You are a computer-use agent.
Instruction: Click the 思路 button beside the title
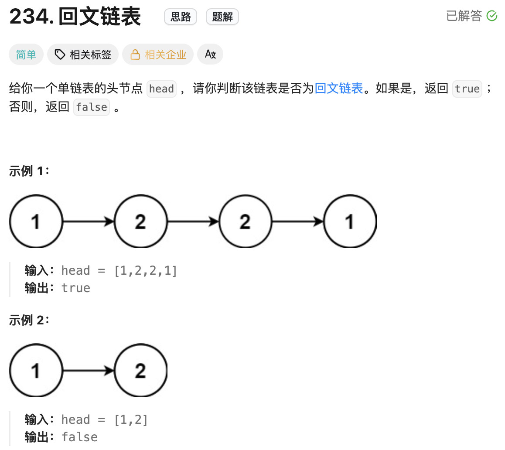(181, 17)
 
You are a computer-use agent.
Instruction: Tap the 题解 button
(222, 17)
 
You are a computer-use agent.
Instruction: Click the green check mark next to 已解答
(492, 16)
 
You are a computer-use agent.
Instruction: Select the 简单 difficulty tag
(26, 55)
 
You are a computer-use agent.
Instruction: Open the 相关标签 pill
(83, 55)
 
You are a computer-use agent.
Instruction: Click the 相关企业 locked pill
(158, 55)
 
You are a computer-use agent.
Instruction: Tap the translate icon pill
(210, 55)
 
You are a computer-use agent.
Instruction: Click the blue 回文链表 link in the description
(339, 89)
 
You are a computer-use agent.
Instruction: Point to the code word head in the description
(161, 89)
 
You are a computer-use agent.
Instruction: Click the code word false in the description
(91, 107)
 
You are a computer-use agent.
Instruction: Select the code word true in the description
(467, 89)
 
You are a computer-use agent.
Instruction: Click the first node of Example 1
(36, 222)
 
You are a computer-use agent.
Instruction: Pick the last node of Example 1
(350, 222)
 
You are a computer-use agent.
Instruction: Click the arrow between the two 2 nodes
(193, 222)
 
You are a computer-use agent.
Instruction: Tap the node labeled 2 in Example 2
(140, 371)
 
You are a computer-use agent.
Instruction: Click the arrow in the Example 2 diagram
(89, 371)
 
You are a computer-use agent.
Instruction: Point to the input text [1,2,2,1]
(145, 271)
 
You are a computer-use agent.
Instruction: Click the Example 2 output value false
(79, 437)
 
